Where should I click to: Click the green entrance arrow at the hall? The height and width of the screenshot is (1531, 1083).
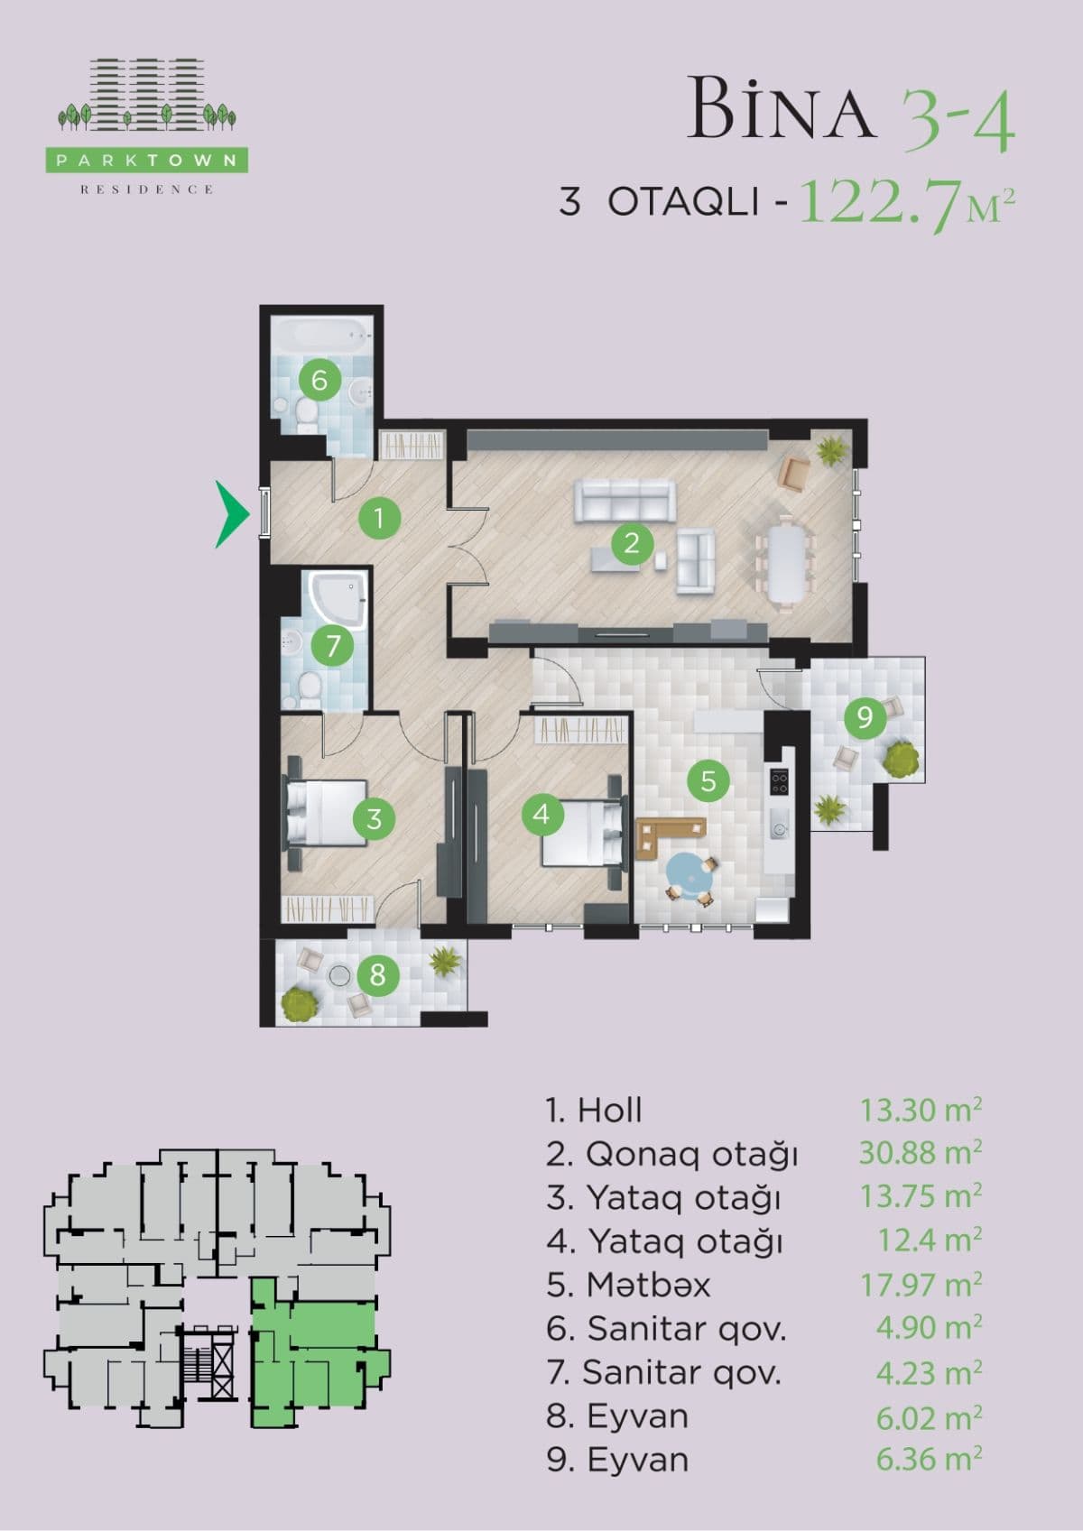click(231, 514)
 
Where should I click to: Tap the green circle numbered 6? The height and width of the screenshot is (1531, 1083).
click(319, 380)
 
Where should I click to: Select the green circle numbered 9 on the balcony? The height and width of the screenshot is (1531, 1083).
click(865, 717)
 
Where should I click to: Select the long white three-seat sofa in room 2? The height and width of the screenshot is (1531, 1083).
click(625, 502)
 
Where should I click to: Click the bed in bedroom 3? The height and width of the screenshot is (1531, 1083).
click(325, 812)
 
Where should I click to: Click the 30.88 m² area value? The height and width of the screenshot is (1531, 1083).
click(921, 1153)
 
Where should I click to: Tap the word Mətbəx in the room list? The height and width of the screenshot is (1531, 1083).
click(648, 1285)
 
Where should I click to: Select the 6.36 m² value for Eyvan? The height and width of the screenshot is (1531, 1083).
click(929, 1459)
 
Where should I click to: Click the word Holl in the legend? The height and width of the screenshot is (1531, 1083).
click(610, 1110)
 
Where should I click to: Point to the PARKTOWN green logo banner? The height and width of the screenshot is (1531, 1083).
click(147, 161)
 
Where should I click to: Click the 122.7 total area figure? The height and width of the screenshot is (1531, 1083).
click(880, 202)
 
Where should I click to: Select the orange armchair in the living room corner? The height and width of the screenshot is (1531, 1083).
click(794, 473)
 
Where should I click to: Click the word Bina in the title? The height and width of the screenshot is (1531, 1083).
click(782, 110)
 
